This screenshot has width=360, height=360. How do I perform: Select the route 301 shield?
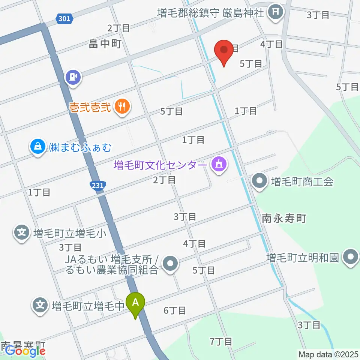click(x=64, y=18)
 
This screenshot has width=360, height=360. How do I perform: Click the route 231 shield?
click(x=98, y=185)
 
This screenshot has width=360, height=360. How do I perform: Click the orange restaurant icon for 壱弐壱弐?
click(x=122, y=107)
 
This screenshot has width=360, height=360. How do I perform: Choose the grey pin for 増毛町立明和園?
click(x=351, y=258)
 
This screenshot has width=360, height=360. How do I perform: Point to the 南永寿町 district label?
click(x=284, y=218)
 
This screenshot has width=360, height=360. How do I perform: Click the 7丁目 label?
click(x=221, y=342)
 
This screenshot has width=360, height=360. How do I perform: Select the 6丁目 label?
click(x=175, y=310)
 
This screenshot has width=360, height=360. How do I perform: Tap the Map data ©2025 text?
click(x=328, y=354)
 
